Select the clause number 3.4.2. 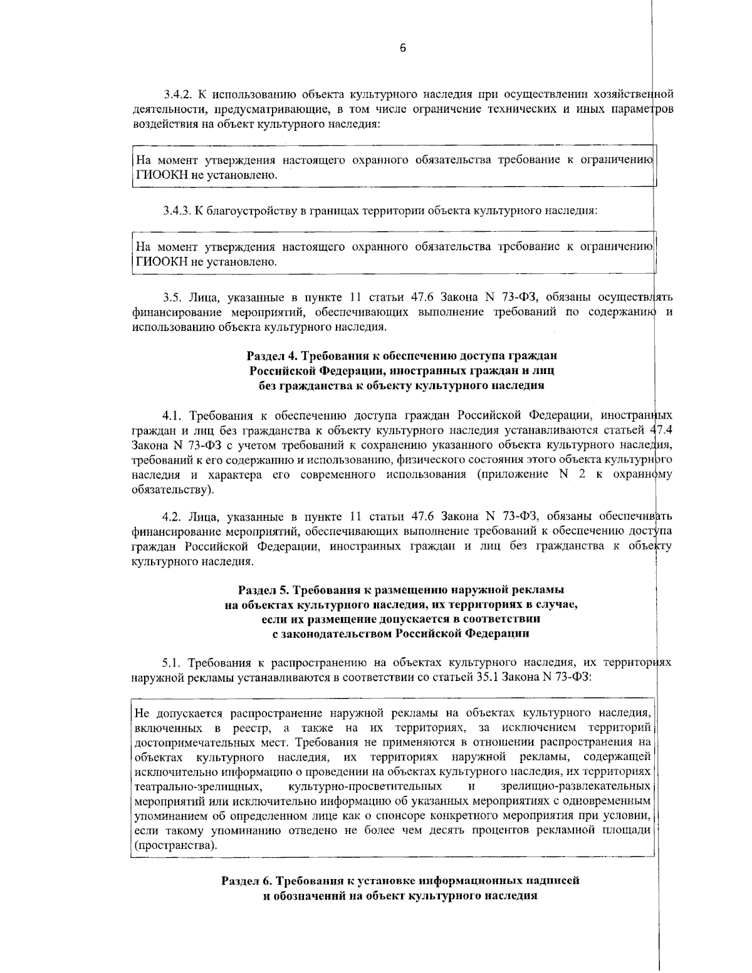pyautogui.click(x=179, y=95)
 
